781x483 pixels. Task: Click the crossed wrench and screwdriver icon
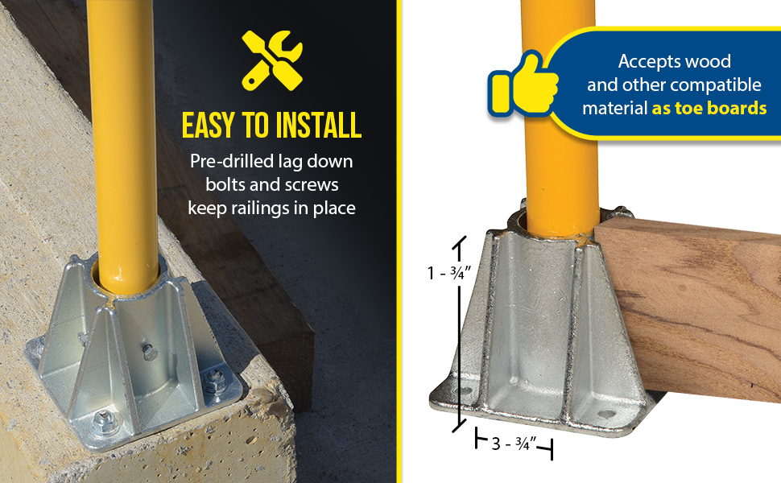[x=272, y=60]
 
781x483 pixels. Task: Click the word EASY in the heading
[x=208, y=125]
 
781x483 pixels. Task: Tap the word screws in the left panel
[x=312, y=184]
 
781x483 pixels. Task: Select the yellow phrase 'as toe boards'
[x=709, y=108]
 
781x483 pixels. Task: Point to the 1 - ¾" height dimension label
[x=448, y=273]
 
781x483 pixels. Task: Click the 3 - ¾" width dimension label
[x=514, y=444]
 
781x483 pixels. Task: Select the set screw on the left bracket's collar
[x=148, y=350]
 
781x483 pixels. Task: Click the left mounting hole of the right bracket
[x=465, y=391]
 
